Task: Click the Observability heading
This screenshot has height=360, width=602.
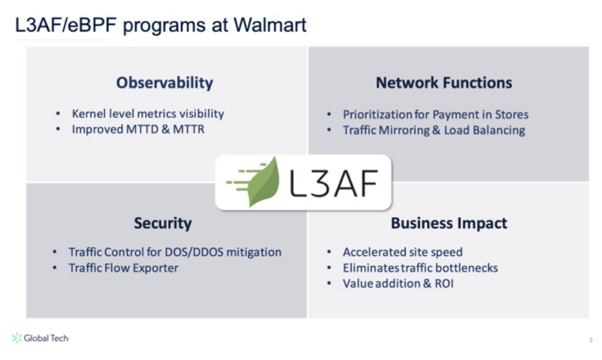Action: tap(165, 83)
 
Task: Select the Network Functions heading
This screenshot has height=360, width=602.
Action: tap(444, 83)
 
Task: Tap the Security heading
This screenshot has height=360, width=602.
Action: tap(163, 224)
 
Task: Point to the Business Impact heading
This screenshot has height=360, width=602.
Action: tap(449, 224)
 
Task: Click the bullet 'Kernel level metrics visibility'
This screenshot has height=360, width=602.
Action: tap(148, 114)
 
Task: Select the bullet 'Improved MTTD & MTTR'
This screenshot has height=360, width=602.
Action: tap(138, 129)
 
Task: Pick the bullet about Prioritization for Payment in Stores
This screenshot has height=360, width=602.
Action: tap(435, 115)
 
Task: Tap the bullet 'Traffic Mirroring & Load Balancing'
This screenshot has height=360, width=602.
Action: tap(433, 130)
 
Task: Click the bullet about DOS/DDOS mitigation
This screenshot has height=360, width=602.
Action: tap(175, 252)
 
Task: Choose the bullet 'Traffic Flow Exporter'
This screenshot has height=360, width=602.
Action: tap(123, 268)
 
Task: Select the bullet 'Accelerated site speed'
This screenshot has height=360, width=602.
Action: tap(403, 252)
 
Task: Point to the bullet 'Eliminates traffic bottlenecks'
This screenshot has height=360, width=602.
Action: tap(420, 268)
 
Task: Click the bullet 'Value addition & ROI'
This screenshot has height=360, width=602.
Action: tap(398, 284)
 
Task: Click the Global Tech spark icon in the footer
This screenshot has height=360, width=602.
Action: tap(17, 338)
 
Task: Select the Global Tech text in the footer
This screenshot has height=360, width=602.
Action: tap(46, 338)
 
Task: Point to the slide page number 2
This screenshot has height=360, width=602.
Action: tap(590, 340)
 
